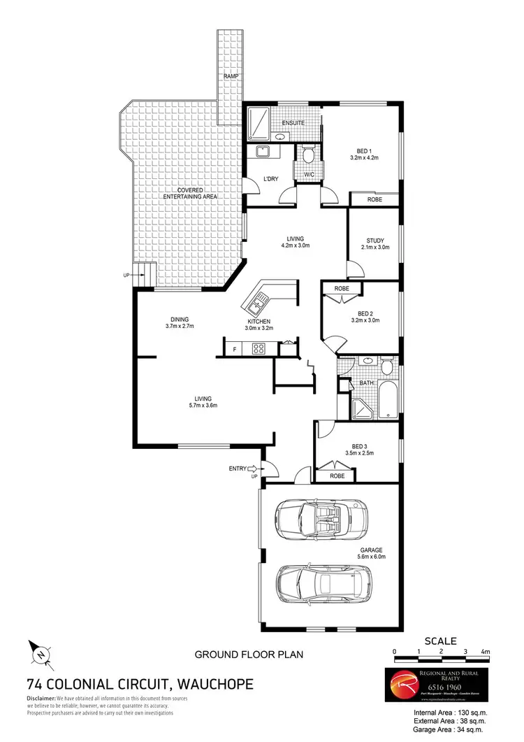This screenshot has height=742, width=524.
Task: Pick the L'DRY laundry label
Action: [270, 179]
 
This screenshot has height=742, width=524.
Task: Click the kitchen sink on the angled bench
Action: [254, 305]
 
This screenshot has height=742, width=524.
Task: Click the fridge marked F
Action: [234, 348]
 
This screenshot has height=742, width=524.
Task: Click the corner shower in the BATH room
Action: [360, 408]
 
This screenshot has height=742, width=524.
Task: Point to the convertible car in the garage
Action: [322, 518]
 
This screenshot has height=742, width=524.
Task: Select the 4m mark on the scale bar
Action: [486, 651]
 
